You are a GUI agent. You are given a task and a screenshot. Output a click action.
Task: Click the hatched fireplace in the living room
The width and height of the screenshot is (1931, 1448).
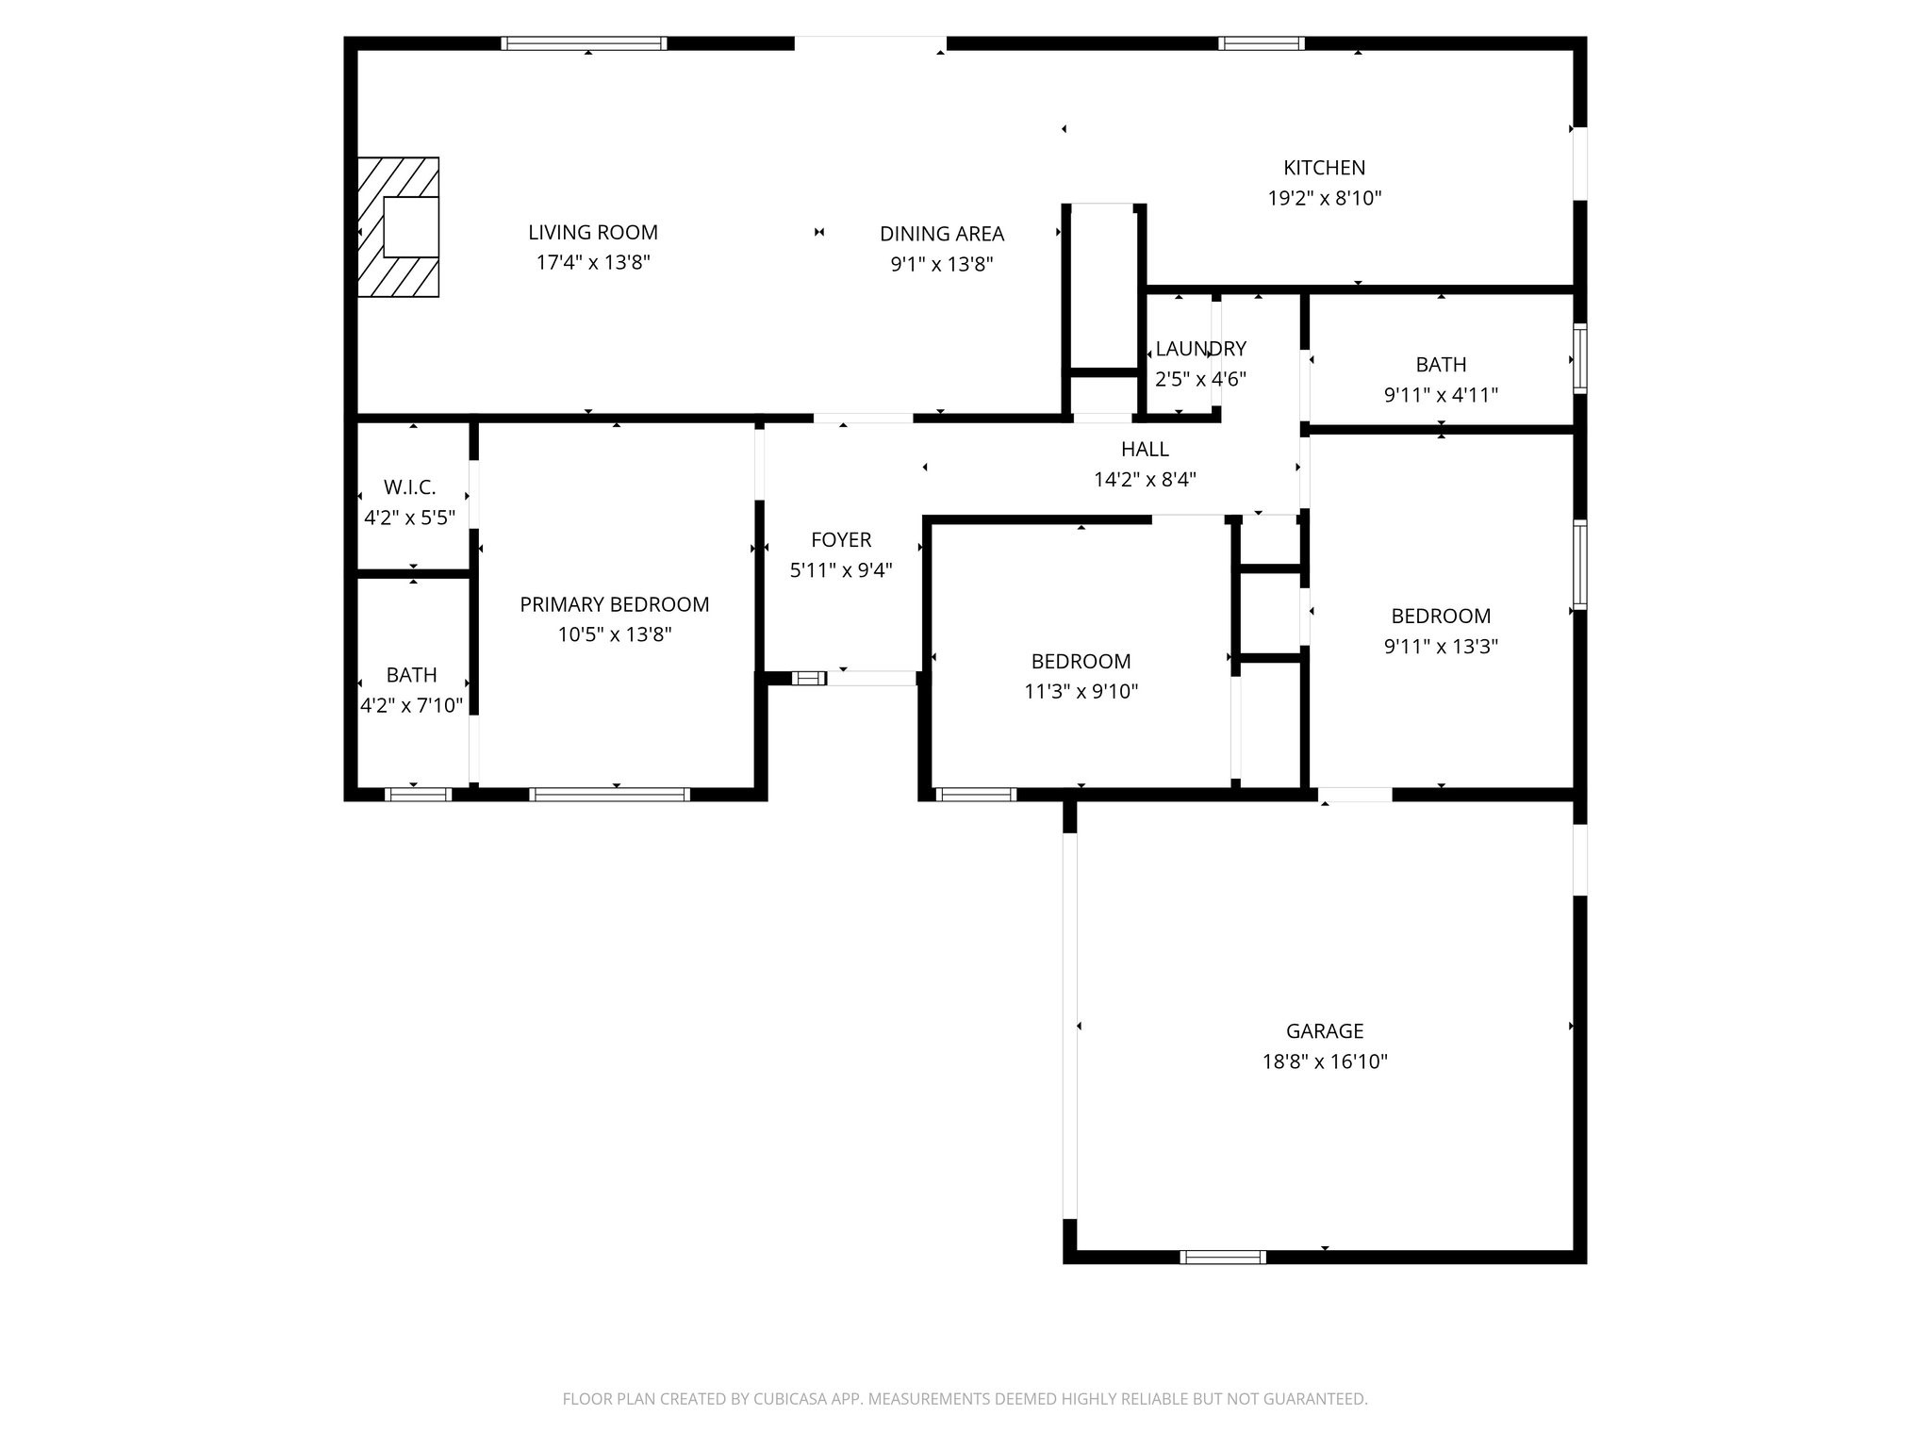click(397, 226)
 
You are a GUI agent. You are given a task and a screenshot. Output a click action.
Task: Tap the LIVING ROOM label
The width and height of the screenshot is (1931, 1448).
click(592, 232)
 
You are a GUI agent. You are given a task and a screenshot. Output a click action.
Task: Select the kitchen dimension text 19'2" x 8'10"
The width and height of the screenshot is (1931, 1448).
click(1324, 198)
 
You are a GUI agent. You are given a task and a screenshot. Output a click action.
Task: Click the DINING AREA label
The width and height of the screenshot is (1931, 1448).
click(941, 234)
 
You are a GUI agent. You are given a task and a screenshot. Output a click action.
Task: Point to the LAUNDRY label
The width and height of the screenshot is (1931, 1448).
click(1200, 349)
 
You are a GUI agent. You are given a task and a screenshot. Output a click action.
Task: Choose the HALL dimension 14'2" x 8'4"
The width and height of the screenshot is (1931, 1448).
click(1144, 480)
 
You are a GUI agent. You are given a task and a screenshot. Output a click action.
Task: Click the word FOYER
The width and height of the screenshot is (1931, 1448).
click(841, 540)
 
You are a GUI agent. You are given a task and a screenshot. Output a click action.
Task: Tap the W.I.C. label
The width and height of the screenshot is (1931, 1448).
click(409, 487)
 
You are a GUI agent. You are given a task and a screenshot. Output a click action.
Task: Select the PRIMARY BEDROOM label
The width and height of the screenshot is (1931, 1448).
click(614, 604)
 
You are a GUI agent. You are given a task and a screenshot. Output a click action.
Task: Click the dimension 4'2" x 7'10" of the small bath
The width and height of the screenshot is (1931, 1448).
click(411, 705)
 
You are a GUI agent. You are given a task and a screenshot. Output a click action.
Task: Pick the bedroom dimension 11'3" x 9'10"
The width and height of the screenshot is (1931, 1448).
click(1081, 692)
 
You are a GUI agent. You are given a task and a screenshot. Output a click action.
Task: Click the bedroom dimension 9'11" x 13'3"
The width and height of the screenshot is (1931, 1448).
click(1440, 647)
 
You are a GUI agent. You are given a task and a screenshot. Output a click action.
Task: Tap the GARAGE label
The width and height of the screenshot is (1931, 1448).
click(1324, 1031)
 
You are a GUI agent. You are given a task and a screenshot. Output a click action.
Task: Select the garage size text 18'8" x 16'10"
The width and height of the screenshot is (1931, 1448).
click(1324, 1062)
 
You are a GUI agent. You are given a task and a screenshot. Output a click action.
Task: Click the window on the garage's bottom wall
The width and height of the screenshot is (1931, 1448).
click(1222, 1257)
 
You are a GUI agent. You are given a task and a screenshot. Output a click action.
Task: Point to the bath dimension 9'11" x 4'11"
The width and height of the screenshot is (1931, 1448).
click(1440, 395)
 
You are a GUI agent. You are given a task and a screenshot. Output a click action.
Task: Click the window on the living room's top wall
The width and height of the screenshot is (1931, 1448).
click(584, 43)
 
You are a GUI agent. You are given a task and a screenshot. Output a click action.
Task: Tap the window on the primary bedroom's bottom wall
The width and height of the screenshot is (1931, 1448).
click(609, 795)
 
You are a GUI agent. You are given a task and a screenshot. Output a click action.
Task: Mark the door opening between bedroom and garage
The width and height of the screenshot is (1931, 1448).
click(1354, 795)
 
